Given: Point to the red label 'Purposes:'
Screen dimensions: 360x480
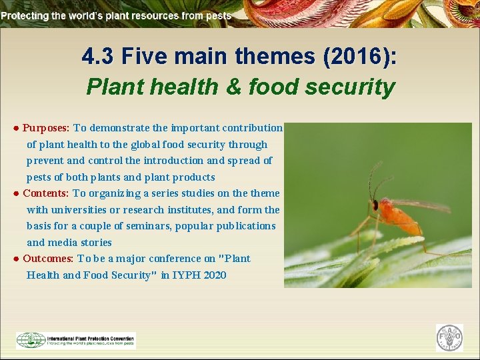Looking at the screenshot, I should [x=46, y=127].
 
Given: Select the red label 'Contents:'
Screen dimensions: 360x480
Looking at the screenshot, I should [x=46, y=193].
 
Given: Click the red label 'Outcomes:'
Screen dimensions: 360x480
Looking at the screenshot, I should [x=48, y=258].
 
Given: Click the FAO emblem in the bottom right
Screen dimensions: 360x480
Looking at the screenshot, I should [x=449, y=338].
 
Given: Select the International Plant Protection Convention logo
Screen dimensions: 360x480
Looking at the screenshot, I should [x=75, y=340].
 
